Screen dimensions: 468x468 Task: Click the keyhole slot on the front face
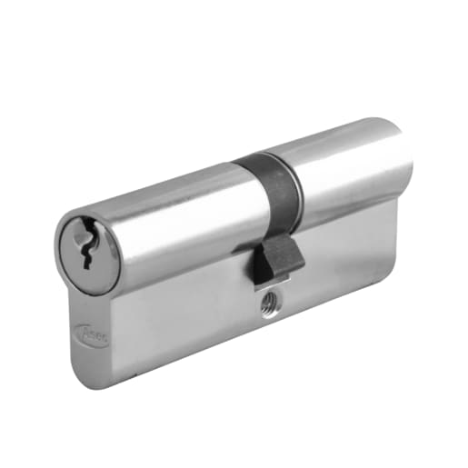point(86,247)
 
